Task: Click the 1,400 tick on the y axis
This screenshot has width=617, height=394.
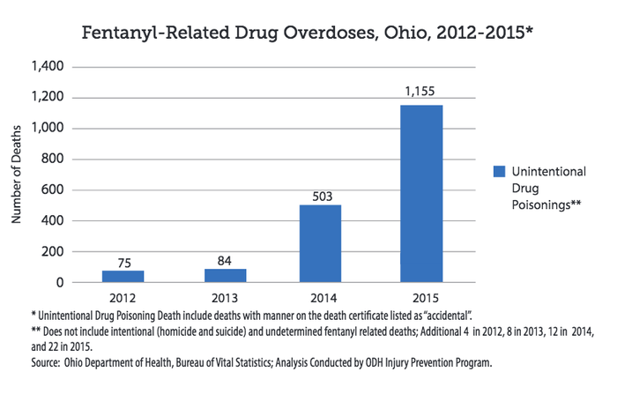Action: pyautogui.click(x=46, y=67)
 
